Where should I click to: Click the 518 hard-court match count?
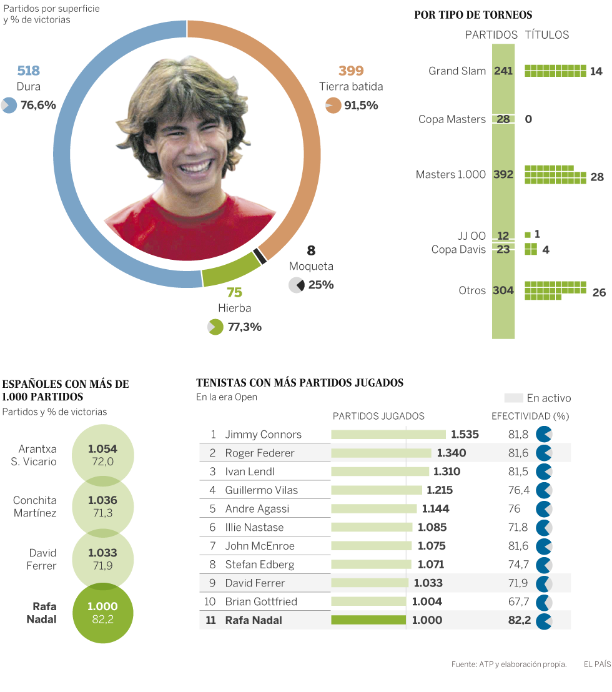coord(29,71)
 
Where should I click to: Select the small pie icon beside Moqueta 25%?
coord(297,285)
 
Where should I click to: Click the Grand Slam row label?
coord(457,71)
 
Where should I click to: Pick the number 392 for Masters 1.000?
coord(503,175)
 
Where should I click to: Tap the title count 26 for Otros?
coord(599,292)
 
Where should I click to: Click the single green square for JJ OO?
coord(528,235)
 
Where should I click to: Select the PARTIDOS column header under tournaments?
coord(491,35)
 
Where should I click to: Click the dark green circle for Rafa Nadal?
coord(102,613)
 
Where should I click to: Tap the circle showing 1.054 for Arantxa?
coord(102,455)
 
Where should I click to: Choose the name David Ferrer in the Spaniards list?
coord(42,560)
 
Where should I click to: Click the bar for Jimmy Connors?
coord(388,435)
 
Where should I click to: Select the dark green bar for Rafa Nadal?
coord(368,620)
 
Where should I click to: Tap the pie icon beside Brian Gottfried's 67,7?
coord(544,602)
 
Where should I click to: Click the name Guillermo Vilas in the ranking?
coord(262,490)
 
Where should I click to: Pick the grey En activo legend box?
coord(513,398)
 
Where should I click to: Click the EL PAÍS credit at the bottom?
coord(597,664)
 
